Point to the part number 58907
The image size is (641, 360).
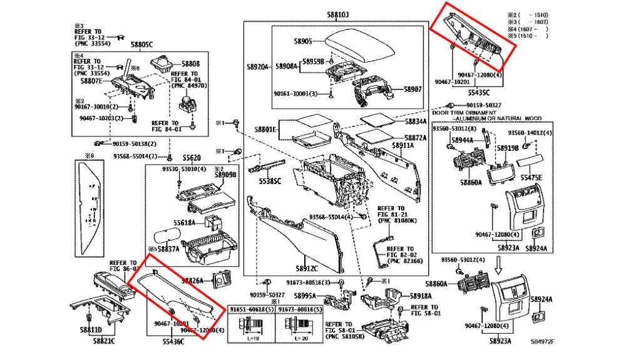coord(413,90)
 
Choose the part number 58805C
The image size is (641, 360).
coord(141,44)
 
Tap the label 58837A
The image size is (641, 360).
coord(168,249)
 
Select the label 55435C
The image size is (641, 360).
coord(480,92)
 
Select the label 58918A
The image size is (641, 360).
coord(421,295)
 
